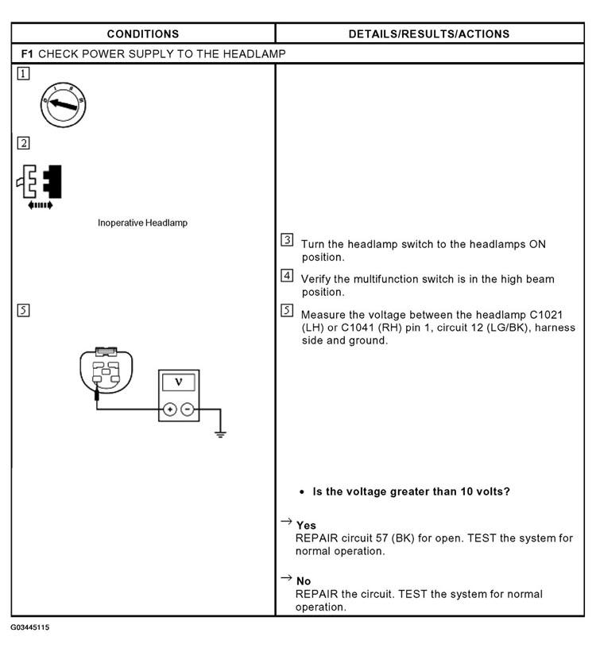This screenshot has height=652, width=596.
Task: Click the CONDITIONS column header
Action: [x=143, y=33]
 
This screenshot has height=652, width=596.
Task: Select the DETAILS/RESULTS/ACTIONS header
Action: [x=429, y=33]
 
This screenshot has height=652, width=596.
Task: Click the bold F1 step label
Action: [x=27, y=53]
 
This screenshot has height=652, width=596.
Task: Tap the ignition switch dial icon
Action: [x=63, y=104]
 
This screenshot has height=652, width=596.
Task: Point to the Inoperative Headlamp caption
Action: [x=142, y=223]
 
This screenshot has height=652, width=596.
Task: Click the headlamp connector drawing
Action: [x=106, y=371]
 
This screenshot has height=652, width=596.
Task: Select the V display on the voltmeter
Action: [x=178, y=382]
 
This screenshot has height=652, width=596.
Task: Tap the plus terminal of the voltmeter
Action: [x=170, y=409]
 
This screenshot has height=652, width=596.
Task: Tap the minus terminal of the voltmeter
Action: [x=188, y=409]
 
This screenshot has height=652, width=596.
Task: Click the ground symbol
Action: [x=220, y=434]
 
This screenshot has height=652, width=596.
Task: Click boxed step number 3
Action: [x=287, y=240]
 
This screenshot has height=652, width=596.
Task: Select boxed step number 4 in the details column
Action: [x=287, y=275]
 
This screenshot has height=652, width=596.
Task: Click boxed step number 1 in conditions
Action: [x=23, y=74]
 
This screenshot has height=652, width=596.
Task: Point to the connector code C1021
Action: [x=546, y=314]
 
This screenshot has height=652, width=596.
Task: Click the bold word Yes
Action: [x=306, y=525]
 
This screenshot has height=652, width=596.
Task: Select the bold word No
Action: [x=304, y=581]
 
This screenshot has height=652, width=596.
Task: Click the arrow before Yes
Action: [x=286, y=522]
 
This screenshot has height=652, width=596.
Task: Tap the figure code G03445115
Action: [x=30, y=627]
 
